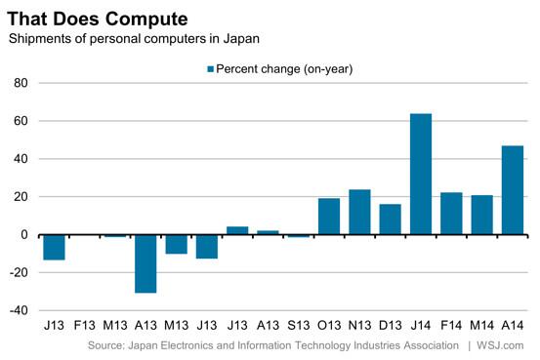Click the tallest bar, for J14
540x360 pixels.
click(421, 175)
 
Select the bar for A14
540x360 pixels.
click(513, 190)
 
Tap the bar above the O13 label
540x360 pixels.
click(329, 217)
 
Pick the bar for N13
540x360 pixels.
click(359, 212)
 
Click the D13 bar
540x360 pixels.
click(391, 220)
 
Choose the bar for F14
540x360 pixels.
click(451, 214)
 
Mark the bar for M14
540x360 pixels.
click(481, 215)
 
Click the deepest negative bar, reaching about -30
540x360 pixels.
click(145, 264)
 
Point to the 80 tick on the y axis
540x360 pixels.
click(21, 83)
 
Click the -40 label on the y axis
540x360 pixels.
click(19, 310)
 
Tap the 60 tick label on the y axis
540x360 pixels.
click(21, 121)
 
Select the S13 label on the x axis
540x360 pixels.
click(298, 325)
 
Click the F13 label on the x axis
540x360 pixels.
click(84, 325)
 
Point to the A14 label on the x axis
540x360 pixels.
click(513, 325)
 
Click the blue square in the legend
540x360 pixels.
click(210, 69)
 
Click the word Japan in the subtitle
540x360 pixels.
click(241, 39)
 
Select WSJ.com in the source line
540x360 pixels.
click(500, 345)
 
